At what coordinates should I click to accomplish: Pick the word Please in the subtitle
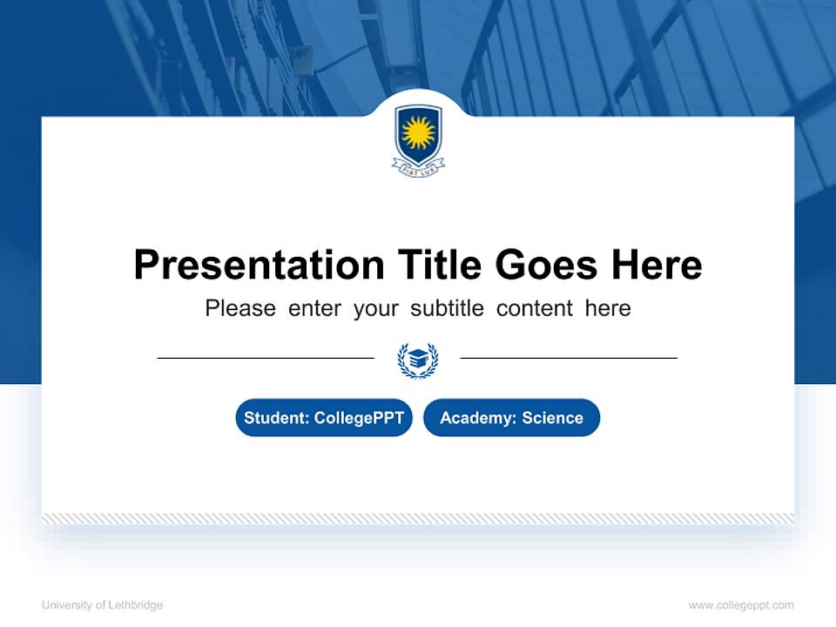tap(240, 308)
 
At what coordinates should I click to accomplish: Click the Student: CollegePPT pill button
tap(324, 418)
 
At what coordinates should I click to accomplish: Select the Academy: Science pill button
tap(511, 418)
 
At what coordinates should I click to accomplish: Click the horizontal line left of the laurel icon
tap(266, 358)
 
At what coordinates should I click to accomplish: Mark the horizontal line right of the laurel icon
tap(569, 358)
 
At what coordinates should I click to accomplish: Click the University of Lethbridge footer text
tap(102, 605)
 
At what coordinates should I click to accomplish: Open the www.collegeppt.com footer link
tap(741, 605)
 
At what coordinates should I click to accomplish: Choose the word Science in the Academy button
tap(552, 418)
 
